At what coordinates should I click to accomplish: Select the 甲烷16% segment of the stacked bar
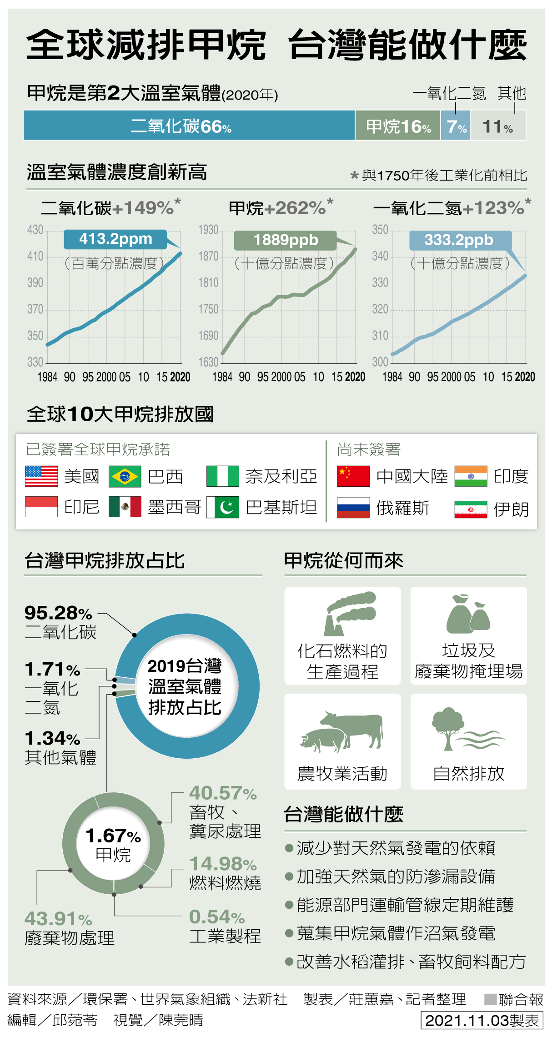click(398, 126)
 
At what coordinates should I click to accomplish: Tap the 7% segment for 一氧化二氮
click(456, 126)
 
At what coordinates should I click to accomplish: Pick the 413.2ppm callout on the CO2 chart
click(115, 239)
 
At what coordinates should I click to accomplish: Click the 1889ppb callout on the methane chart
click(286, 240)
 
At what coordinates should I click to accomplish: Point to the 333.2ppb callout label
click(459, 240)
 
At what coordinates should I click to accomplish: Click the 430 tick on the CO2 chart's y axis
click(35, 230)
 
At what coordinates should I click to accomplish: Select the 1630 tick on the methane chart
click(209, 362)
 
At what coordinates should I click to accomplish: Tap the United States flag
click(41, 476)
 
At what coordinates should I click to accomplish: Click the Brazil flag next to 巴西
click(125, 476)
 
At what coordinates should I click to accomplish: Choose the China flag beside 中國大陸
click(353, 476)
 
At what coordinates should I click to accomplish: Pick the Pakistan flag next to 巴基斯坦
click(223, 507)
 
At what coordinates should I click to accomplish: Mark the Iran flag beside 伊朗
click(471, 509)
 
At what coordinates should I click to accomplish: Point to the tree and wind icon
click(467, 729)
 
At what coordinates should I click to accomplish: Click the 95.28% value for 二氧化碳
click(58, 613)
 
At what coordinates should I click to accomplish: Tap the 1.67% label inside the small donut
click(113, 836)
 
